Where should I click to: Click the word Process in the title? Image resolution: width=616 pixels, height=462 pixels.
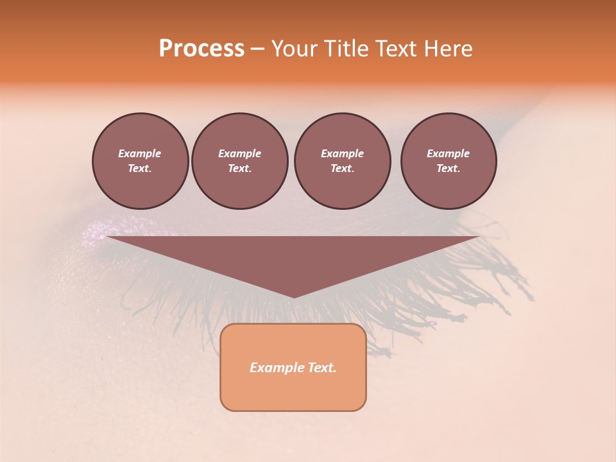201,49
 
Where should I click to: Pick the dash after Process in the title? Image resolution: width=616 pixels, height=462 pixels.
257,49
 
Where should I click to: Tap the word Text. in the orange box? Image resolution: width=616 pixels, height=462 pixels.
321,368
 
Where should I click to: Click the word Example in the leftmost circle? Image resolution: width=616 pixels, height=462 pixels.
140,153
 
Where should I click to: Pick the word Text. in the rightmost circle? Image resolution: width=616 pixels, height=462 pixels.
449,168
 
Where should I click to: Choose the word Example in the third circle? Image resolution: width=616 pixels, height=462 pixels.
342,153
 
